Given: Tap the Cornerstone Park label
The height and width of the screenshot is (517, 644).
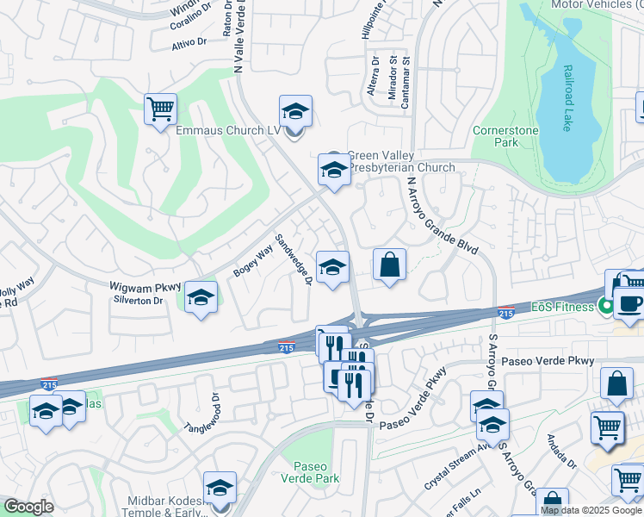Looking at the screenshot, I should (x=506, y=137).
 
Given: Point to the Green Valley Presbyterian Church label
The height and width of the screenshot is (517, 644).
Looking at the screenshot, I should (x=400, y=161).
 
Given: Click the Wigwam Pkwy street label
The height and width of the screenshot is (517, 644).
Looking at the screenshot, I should (x=145, y=286).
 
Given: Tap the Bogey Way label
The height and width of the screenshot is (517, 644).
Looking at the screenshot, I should (x=252, y=260).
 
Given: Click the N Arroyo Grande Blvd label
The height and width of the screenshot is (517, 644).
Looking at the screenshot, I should (x=442, y=215).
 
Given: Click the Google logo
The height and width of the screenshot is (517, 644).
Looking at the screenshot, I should (x=28, y=507).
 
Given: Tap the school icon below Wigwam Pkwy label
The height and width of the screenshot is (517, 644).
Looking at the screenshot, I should (x=201, y=298).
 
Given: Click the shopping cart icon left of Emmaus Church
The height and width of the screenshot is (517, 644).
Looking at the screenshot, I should (x=160, y=109).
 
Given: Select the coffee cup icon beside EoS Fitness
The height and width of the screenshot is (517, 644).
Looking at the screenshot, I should (x=628, y=303).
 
